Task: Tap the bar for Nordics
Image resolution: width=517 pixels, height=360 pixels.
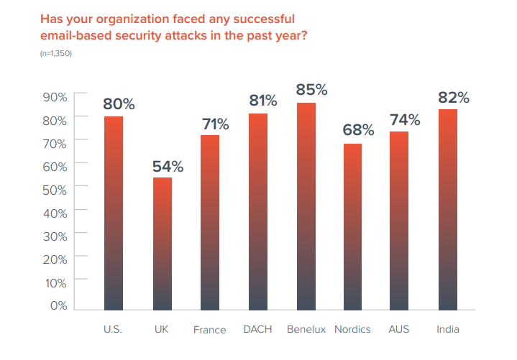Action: point(353,226)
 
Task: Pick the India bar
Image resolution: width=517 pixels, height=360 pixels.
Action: point(449,209)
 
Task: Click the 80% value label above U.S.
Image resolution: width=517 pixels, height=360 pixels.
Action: point(119,103)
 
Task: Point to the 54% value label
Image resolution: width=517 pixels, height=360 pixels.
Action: point(167,167)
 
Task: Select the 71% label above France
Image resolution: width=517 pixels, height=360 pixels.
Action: point(214,124)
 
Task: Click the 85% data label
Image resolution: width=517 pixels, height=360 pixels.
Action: point(311,91)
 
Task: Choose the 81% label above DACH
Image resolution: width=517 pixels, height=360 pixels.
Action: point(263,101)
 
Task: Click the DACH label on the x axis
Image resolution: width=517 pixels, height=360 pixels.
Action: point(257,330)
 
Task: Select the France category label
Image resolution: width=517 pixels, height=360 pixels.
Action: point(209,331)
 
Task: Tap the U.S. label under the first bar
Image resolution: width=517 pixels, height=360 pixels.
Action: point(113,330)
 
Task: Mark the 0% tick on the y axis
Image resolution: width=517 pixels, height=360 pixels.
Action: point(58,306)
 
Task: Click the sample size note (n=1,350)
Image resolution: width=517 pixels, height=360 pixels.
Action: point(55,54)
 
